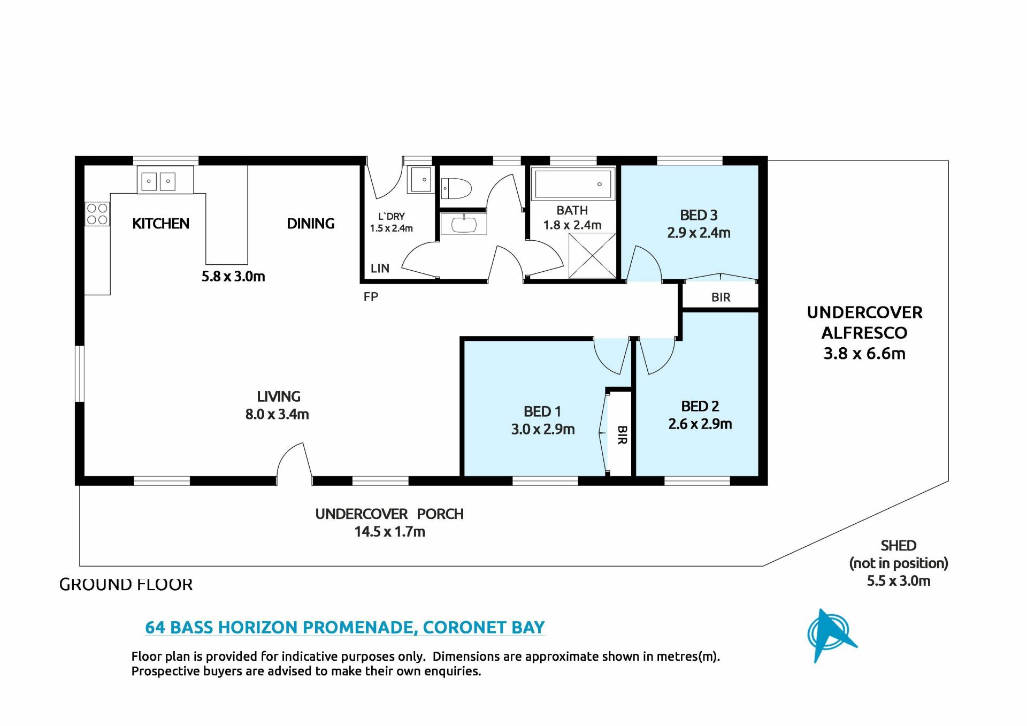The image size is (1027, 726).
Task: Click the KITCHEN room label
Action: (x=160, y=224)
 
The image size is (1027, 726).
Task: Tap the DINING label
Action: (x=311, y=224)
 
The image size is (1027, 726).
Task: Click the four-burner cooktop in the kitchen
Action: (x=97, y=214)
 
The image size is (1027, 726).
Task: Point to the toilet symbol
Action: (x=456, y=189)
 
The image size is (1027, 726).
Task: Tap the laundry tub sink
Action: (x=421, y=179)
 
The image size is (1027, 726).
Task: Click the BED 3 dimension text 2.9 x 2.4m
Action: (x=699, y=233)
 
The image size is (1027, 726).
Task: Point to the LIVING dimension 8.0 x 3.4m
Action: (x=277, y=414)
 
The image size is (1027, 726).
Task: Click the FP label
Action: (x=371, y=296)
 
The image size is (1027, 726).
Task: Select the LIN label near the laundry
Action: (x=380, y=269)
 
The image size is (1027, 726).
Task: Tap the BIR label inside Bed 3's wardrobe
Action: (x=721, y=297)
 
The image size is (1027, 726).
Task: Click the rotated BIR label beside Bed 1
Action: (x=622, y=435)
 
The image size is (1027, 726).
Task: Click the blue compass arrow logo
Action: (x=831, y=636)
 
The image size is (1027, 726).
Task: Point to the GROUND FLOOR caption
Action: (x=126, y=584)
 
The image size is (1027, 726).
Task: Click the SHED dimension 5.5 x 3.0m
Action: (x=899, y=581)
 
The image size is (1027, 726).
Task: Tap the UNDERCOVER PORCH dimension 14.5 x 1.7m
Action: (x=389, y=532)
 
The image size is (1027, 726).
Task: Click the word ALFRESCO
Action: (x=864, y=333)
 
